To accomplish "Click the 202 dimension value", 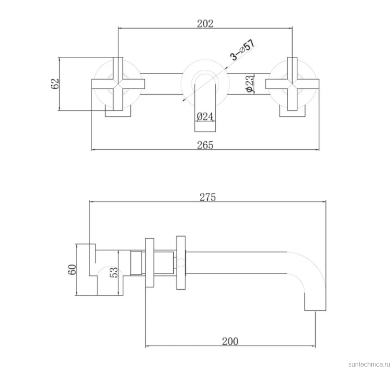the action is click(x=205, y=24).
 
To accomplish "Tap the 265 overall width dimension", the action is click(x=205, y=145).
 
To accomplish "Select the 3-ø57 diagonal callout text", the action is click(x=243, y=50).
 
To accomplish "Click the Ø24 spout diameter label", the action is click(x=205, y=116).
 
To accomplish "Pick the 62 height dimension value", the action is click(x=55, y=84).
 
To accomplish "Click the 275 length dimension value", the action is click(x=208, y=197).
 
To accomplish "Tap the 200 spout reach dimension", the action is click(x=230, y=341).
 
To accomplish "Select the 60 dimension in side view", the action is click(x=72, y=269).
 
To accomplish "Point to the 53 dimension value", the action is click(x=114, y=272).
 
